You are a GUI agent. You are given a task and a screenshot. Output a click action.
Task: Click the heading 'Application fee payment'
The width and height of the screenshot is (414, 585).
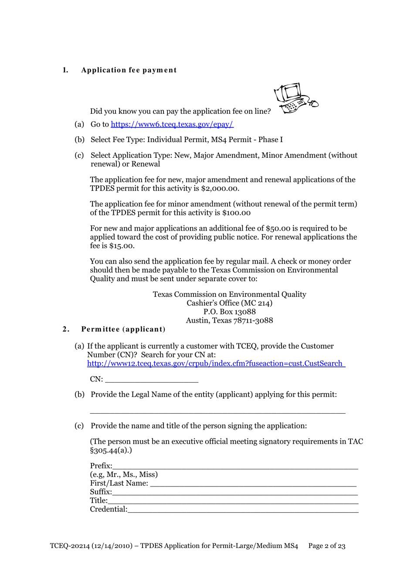(x=129, y=70)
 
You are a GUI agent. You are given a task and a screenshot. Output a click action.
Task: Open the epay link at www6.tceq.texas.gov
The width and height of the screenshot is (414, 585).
(x=172, y=124)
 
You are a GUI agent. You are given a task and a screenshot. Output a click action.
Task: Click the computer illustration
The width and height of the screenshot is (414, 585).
(x=295, y=98)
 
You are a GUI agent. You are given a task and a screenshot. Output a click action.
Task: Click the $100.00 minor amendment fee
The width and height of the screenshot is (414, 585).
(x=236, y=213)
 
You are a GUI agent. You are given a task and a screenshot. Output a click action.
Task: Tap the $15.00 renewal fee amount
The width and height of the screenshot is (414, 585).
(x=122, y=246)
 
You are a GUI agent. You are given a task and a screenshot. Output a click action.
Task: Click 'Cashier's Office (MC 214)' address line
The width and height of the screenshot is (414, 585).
(x=229, y=303)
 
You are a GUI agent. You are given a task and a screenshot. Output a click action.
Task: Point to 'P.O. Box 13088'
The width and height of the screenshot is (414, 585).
(x=229, y=312)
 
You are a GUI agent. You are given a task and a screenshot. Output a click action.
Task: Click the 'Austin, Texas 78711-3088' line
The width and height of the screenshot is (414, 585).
(x=229, y=320)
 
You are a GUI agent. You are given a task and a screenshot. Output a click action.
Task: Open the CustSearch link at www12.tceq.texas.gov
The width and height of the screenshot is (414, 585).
(x=216, y=364)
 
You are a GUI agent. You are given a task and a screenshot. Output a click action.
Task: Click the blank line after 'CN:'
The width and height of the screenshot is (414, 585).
(x=152, y=379)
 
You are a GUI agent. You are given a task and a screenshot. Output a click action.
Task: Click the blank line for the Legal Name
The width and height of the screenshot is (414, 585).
(x=217, y=410)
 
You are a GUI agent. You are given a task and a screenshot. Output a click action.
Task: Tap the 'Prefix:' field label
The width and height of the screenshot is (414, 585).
(x=101, y=466)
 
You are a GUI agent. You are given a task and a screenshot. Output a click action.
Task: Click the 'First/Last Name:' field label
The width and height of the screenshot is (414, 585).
(x=119, y=483)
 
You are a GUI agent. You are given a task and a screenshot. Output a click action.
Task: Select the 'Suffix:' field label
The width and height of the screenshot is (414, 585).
(x=101, y=492)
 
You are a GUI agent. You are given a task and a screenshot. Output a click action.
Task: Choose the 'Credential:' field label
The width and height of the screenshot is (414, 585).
(x=109, y=509)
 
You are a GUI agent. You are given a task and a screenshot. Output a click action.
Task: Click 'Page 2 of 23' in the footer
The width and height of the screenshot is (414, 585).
(x=327, y=546)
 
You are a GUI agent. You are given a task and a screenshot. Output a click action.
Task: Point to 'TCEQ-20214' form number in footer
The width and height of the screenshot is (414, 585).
(x=69, y=546)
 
